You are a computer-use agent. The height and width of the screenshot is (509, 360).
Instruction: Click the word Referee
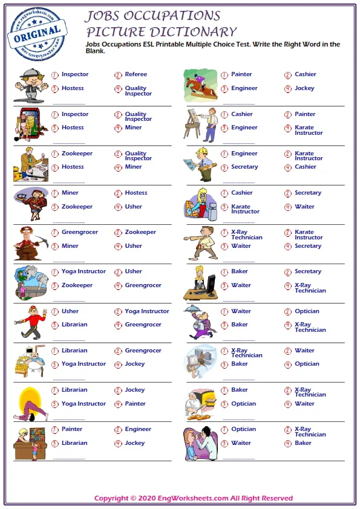[x=136, y=74]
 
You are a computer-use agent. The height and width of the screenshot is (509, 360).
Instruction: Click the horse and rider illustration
[x=200, y=85]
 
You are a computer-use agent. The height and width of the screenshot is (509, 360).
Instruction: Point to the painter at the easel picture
[x=200, y=124]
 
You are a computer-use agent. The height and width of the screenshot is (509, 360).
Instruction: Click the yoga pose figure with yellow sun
[x=30, y=401]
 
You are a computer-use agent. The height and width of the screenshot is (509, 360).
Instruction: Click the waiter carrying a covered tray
[x=202, y=322]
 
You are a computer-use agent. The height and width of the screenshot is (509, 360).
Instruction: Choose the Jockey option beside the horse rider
[x=304, y=88]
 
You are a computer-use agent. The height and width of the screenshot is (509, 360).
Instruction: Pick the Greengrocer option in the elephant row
[x=143, y=285]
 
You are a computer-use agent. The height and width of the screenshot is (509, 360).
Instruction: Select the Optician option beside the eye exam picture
[x=243, y=429]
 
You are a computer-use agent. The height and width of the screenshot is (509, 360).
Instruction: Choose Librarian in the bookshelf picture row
[x=74, y=443]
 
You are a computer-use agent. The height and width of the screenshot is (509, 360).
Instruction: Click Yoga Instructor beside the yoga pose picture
[x=83, y=404]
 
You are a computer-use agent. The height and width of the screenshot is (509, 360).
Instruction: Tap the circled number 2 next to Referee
[x=118, y=75]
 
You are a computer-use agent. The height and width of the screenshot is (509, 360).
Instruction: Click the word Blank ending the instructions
[x=96, y=51]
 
